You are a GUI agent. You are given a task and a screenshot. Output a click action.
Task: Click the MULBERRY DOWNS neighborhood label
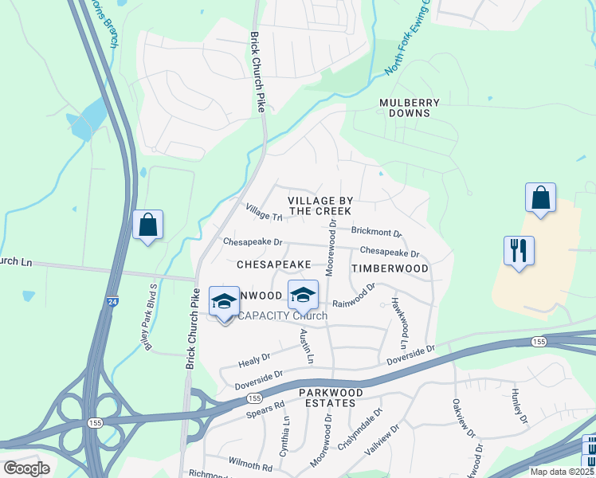405,108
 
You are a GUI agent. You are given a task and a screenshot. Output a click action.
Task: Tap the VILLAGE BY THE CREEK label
320,205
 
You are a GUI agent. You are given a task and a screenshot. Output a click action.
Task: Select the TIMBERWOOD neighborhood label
390,268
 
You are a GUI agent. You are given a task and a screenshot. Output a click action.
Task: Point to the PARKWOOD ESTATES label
327,398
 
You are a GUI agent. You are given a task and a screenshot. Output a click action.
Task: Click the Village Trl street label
265,213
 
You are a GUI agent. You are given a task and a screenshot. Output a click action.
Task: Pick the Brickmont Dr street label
376,232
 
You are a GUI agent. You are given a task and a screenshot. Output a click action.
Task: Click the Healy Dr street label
255,361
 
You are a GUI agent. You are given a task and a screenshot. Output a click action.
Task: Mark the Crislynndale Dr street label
362,426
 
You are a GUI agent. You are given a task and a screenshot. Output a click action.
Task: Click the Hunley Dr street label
520,407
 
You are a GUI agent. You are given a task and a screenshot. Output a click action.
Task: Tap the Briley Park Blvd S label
149,315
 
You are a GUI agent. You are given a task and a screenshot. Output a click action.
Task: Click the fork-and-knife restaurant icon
519,251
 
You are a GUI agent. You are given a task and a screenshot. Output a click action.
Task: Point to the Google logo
27,468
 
